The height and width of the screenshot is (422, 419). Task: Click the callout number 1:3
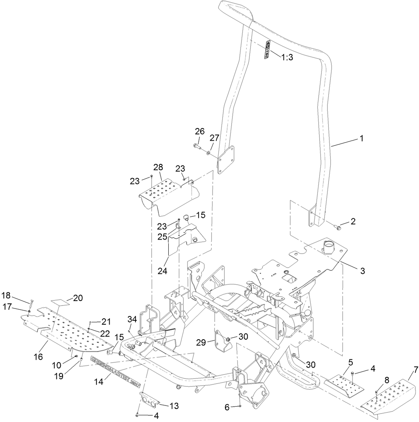(287, 57)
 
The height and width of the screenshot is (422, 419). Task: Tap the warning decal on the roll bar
(267, 50)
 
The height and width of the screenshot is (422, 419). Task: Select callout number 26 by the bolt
(200, 131)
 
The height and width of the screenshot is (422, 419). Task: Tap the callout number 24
(162, 271)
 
